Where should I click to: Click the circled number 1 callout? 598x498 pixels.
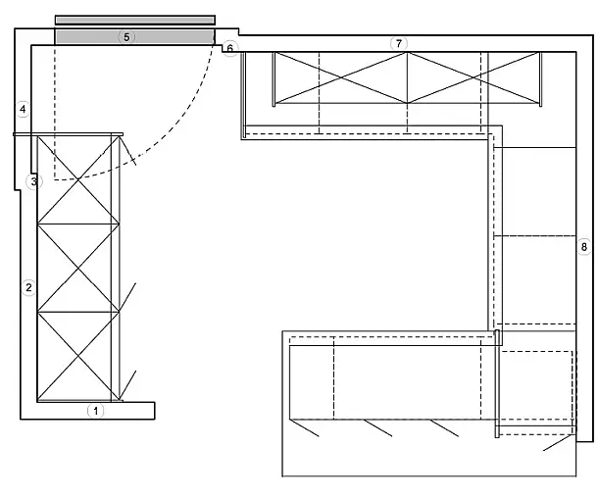[x=95, y=411]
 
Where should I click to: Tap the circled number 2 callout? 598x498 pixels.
[x=28, y=287]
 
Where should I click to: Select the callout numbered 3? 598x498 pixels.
[x=33, y=181]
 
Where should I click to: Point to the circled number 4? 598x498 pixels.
[x=24, y=109]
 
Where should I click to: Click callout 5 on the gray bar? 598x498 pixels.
[x=125, y=36]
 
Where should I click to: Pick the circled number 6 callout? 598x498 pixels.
[x=229, y=48]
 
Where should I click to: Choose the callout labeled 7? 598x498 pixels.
[x=398, y=43]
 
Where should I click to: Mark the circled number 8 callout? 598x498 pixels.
[x=583, y=246]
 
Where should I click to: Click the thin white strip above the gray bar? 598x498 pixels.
[x=134, y=20]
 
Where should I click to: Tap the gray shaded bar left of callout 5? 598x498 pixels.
[x=83, y=36]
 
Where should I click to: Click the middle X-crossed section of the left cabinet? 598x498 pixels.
[x=77, y=268]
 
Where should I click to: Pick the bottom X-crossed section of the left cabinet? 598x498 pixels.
[x=77, y=356]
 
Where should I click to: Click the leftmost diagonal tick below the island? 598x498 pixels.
[x=306, y=428]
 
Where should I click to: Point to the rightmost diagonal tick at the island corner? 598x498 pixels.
[x=558, y=444]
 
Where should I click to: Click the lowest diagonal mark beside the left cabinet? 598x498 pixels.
[x=128, y=384]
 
